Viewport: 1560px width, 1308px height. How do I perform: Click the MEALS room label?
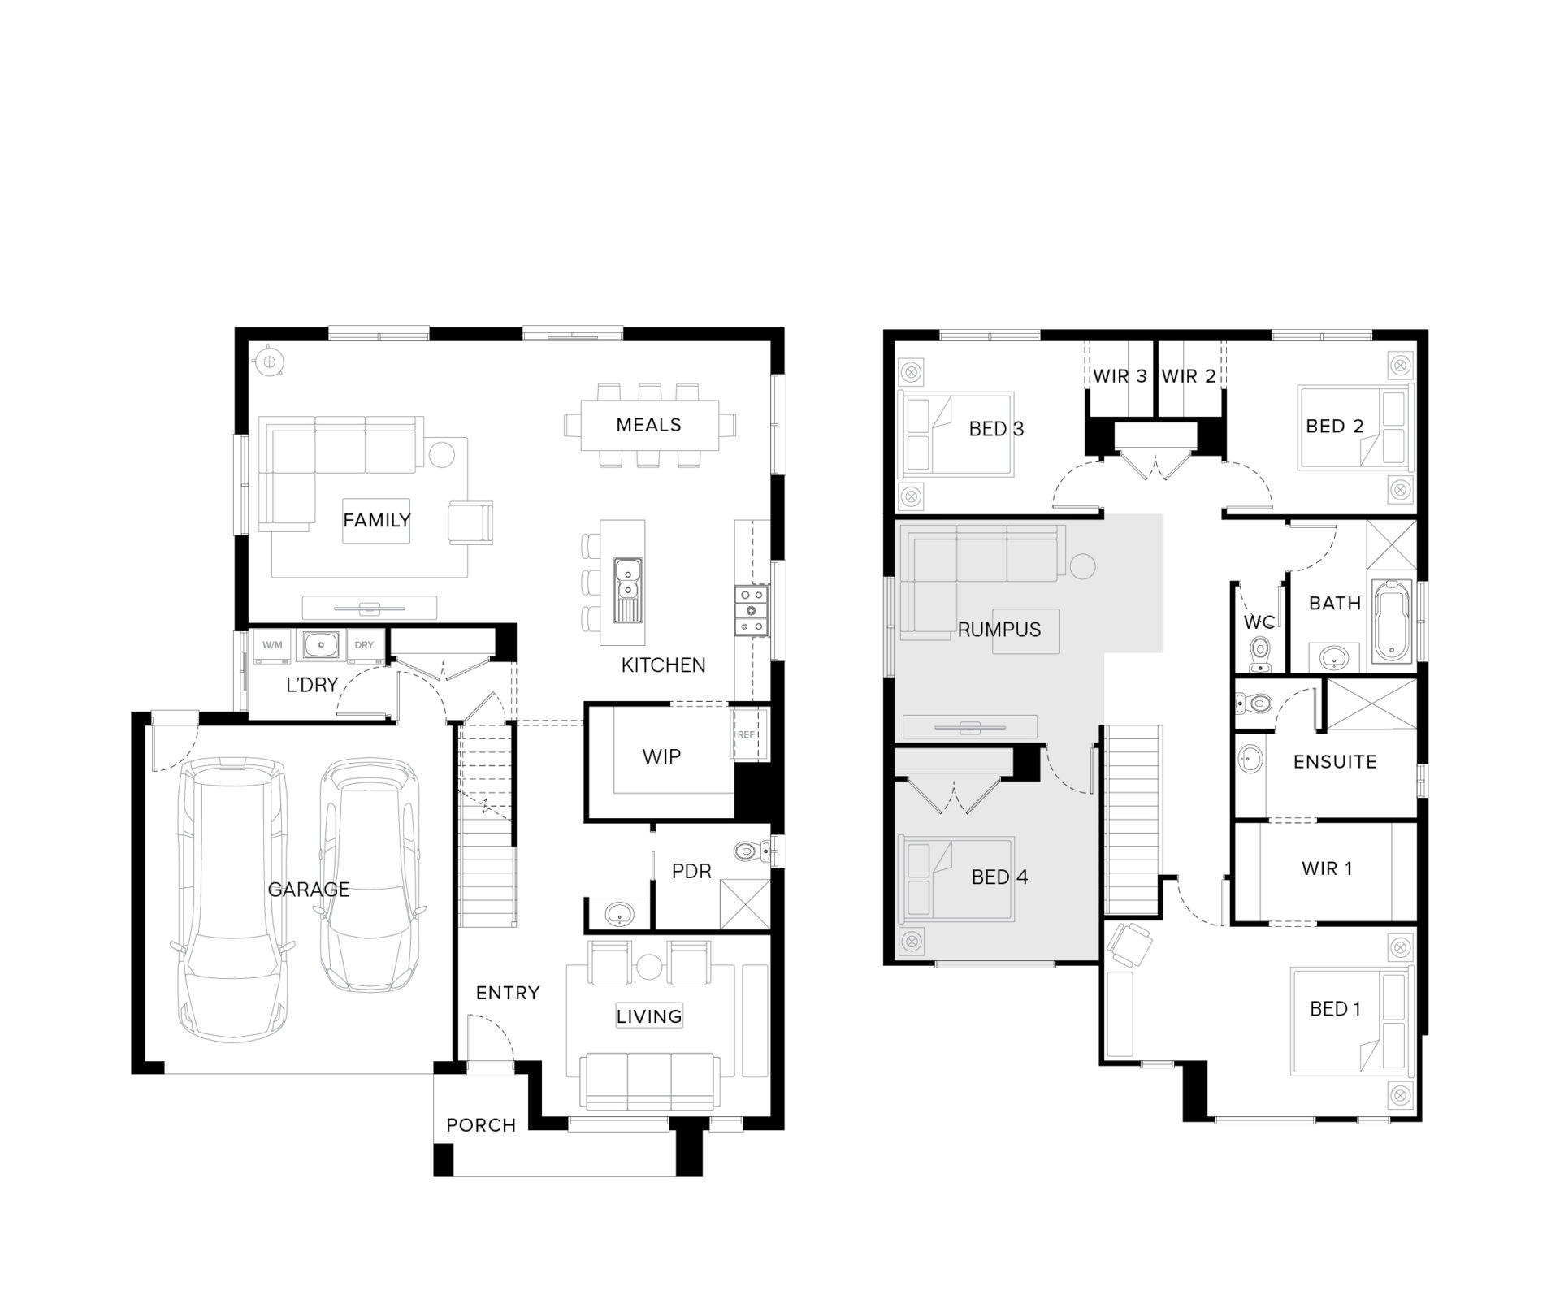click(648, 425)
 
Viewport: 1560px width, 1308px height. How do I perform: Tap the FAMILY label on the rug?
click(376, 520)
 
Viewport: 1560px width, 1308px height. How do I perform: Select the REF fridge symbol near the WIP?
click(746, 734)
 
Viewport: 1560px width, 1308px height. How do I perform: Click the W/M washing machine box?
click(272, 645)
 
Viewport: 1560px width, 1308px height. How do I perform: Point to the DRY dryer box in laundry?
click(364, 645)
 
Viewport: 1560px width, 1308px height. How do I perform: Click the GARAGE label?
click(309, 890)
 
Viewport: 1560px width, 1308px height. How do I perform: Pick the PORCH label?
click(481, 1125)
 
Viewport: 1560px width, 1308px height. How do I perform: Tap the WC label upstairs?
click(1259, 622)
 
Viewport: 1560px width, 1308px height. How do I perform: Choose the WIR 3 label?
click(1120, 376)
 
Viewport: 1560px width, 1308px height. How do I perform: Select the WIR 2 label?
click(1189, 376)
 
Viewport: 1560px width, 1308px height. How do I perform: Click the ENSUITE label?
click(1335, 762)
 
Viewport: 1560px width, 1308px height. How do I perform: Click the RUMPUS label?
click(999, 630)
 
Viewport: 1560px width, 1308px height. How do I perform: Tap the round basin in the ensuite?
click(1249, 760)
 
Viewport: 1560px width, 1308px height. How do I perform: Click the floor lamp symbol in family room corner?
click(269, 362)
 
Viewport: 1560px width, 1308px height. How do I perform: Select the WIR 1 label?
click(1327, 868)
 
